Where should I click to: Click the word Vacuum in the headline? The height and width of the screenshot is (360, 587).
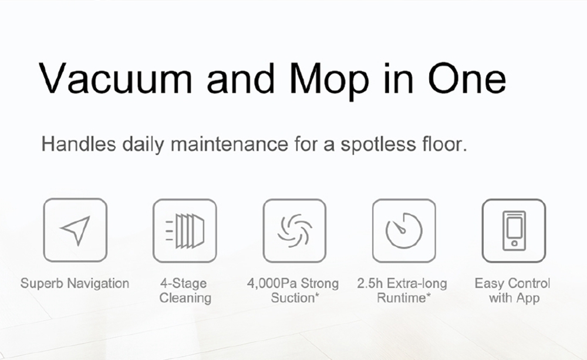[x=115, y=79]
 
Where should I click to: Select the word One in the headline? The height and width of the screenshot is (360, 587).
[x=467, y=79]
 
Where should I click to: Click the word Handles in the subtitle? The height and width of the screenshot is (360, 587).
[x=79, y=144]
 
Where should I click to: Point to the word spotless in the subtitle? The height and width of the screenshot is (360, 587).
[x=378, y=144]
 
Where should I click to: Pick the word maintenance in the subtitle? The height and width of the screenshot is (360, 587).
[x=230, y=144]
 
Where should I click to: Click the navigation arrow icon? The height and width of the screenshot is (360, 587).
[x=76, y=230]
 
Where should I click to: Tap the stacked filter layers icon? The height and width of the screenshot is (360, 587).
[x=185, y=231]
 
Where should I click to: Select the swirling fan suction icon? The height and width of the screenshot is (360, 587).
[x=295, y=230]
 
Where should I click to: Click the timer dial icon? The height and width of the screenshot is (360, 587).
[x=404, y=230]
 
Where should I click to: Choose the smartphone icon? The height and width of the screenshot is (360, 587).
[x=514, y=230]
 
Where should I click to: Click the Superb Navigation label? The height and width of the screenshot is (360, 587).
[x=75, y=283]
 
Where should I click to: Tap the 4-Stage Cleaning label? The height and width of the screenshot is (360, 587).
[x=185, y=290]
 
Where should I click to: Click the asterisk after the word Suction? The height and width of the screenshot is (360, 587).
[x=317, y=295]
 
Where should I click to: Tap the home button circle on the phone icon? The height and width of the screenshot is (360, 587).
[x=514, y=244]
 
